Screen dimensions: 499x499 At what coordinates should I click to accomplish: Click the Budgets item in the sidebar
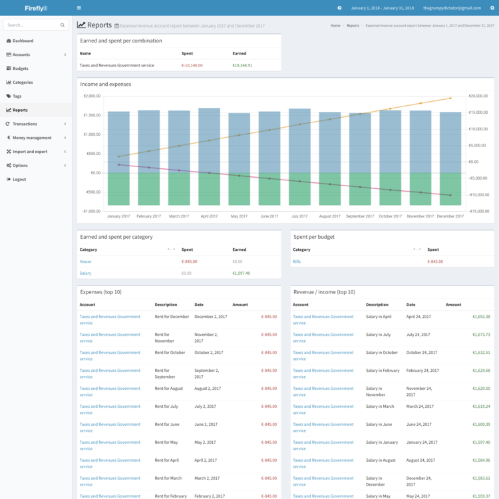pos(20,69)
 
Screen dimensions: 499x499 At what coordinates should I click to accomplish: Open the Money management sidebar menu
pos(31,138)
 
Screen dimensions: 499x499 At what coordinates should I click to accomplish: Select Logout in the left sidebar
pos(19,179)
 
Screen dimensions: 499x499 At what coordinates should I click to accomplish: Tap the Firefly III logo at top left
pos(36,8)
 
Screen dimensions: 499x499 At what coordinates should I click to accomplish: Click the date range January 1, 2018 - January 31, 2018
pos(382,8)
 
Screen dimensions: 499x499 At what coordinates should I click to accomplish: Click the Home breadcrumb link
pos(335,25)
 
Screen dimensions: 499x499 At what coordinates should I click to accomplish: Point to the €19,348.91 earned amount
pos(242,65)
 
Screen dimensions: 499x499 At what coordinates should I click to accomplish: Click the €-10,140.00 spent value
pos(192,65)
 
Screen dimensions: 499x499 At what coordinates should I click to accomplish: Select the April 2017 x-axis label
pos(209,216)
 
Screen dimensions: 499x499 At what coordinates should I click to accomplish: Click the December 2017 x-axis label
pos(450,216)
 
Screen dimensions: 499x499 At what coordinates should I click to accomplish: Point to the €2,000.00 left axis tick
pos(91,96)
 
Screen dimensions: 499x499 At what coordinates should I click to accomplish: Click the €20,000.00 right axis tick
pos(478,96)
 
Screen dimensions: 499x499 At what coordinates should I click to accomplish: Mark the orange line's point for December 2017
pos(450,98)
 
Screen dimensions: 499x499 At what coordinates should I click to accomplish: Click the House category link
pos(85,261)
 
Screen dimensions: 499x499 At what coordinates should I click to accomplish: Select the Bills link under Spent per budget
pos(297,261)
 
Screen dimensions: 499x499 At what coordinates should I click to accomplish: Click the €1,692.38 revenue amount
pos(478,317)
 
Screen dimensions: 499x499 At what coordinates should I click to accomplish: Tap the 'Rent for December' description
pos(172,317)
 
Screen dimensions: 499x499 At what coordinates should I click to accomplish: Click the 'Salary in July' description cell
pos(379,335)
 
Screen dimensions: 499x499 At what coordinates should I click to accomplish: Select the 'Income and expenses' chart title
pos(105,84)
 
